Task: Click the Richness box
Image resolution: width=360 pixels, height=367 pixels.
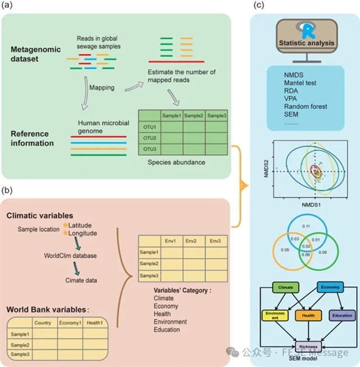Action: point(308,347)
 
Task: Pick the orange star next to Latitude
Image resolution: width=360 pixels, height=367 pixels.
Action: point(66,225)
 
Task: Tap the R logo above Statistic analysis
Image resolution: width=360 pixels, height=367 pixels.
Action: point(306,30)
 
